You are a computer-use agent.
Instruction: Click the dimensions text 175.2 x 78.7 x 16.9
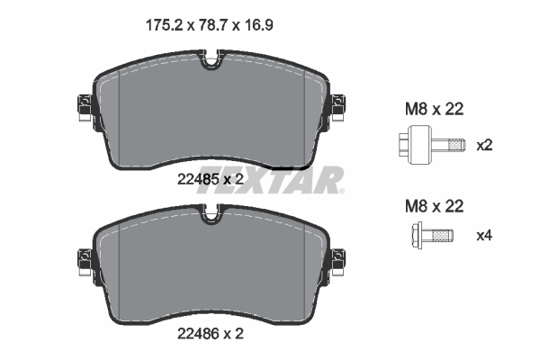point(208,25)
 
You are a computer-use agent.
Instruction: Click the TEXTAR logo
point(287,179)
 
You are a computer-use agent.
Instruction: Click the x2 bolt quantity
point(484,145)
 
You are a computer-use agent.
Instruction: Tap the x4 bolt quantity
point(484,237)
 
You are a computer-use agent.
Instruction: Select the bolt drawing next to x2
point(429,144)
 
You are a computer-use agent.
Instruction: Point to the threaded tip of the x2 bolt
point(456,144)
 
